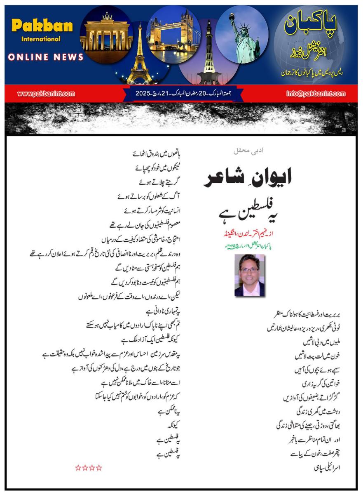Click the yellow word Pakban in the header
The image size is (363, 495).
(x=42, y=26)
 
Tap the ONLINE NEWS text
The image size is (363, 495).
(x=46, y=57)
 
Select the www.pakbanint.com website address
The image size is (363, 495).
(x=46, y=94)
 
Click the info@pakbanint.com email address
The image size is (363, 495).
(x=316, y=94)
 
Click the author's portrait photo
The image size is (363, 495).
(x=249, y=275)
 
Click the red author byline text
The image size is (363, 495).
(x=248, y=233)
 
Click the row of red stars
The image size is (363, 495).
(x=89, y=467)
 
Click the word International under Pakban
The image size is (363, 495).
(x=41, y=39)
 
